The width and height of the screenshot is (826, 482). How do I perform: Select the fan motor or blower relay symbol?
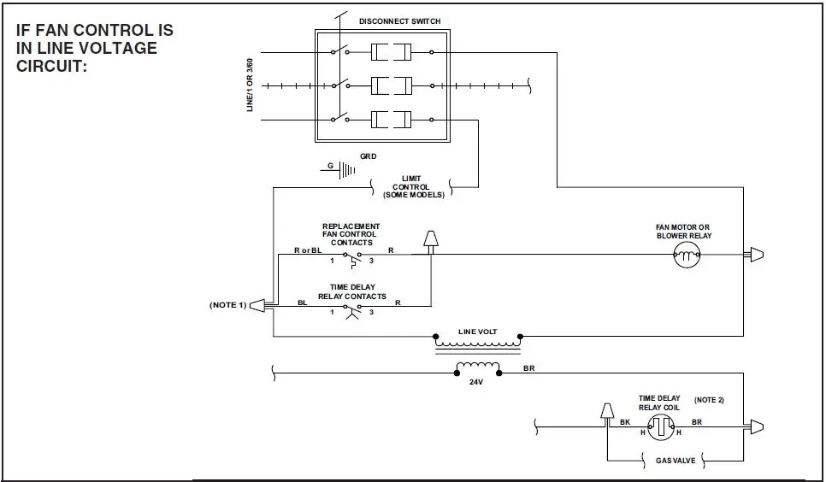(x=687, y=255)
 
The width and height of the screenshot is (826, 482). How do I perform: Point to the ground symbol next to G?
(x=346, y=169)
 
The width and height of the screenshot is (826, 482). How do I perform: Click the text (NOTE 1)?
(x=228, y=304)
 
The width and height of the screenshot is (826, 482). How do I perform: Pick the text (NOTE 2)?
(x=709, y=400)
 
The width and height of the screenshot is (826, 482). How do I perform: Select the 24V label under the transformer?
(x=476, y=383)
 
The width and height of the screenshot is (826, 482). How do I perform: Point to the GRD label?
(x=369, y=157)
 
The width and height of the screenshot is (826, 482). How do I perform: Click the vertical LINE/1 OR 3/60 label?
(x=250, y=85)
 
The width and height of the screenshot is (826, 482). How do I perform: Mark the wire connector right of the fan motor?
(x=756, y=255)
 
